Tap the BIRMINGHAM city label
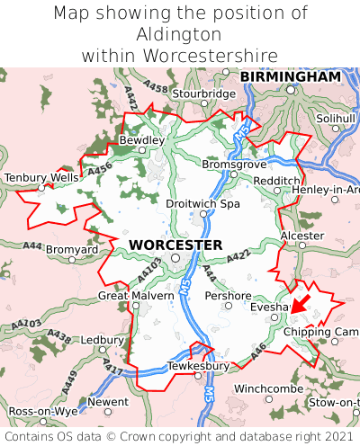pyautogui.click(x=290, y=77)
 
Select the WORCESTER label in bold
pyautogui.click(x=175, y=245)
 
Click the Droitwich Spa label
pyautogui.click(x=203, y=204)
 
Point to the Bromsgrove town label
pyautogui.click(x=235, y=165)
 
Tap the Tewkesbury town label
pyautogui.click(x=199, y=366)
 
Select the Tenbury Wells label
pyautogui.click(x=40, y=178)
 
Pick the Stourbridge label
pyautogui.click(x=202, y=94)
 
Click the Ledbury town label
pyautogui.click(x=101, y=340)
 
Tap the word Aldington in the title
pyautogui.click(x=179, y=34)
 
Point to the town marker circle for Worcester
pyautogui.click(x=176, y=258)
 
